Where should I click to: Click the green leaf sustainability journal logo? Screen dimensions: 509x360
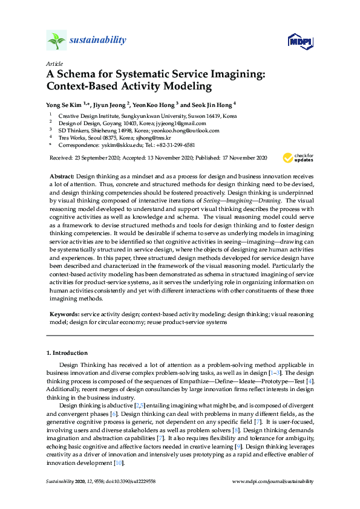coord(56,40)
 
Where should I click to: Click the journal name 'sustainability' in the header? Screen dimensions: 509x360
coord(97,41)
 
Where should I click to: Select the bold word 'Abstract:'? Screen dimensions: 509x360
coord(62,175)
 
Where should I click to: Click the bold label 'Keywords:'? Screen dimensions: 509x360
coord(64,315)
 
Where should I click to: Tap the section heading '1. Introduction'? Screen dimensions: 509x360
coord(67,352)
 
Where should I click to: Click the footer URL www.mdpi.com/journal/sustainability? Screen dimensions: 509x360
coord(273,482)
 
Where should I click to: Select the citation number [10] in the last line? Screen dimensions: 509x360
coord(119,463)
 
